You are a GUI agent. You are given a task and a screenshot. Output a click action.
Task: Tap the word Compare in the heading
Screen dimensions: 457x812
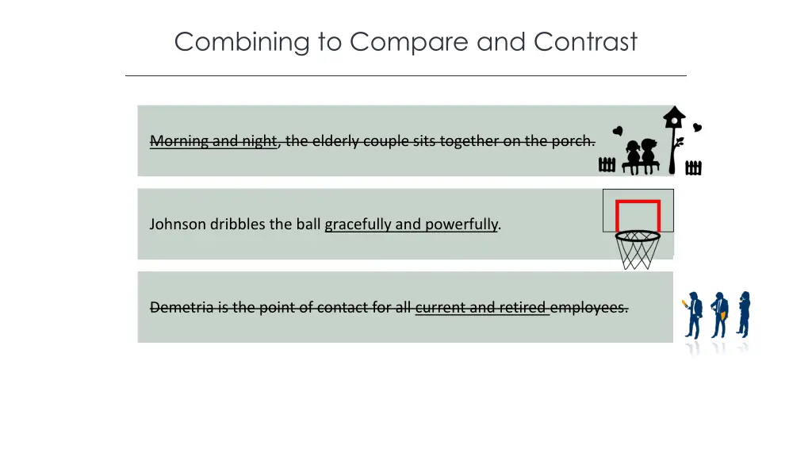click(411, 41)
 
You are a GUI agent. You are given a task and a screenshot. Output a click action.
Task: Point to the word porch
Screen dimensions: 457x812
click(573, 141)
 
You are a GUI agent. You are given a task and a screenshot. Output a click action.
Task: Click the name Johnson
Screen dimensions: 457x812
click(178, 225)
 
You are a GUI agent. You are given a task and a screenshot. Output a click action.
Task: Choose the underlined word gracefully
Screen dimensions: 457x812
click(358, 225)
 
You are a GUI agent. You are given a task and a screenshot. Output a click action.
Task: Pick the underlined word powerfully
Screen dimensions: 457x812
click(461, 225)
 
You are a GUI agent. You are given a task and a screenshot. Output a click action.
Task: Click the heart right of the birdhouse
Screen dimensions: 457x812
click(697, 127)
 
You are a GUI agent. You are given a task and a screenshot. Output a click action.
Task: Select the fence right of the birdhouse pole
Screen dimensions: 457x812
click(693, 167)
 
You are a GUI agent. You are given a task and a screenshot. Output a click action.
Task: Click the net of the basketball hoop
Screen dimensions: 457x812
click(638, 251)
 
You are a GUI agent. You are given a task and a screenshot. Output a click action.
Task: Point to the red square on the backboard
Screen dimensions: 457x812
click(638, 216)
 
